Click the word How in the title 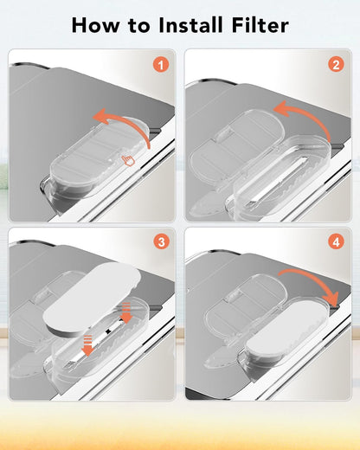click(x=95, y=25)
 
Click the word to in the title click(x=139, y=26)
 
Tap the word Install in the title click(x=190, y=25)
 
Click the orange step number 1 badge click(x=161, y=65)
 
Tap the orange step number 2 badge click(x=336, y=64)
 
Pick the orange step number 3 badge click(x=161, y=241)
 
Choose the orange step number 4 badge click(x=336, y=241)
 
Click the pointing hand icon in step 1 click(x=128, y=160)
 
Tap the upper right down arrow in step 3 click(x=126, y=312)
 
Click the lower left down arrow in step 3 click(x=87, y=345)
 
